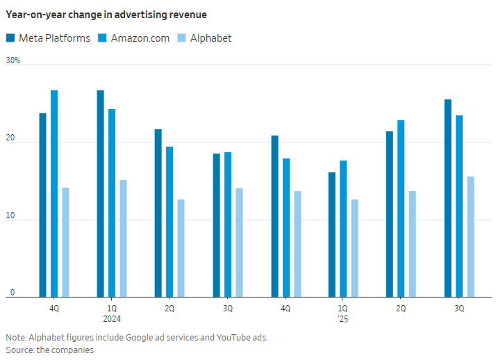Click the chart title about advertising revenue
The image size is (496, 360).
pyautogui.click(x=106, y=14)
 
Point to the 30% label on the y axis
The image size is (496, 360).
pyautogui.click(x=13, y=61)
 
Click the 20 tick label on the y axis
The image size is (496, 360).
pyautogui.click(x=10, y=139)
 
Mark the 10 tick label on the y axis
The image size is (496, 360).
pyautogui.click(x=10, y=217)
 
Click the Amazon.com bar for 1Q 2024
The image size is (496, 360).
pyautogui.click(x=112, y=203)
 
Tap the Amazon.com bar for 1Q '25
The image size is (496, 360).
pyautogui.click(x=343, y=229)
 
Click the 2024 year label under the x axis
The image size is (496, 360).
pyautogui.click(x=112, y=318)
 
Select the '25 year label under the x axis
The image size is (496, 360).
pyautogui.click(x=342, y=318)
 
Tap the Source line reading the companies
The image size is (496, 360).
pyautogui.click(x=50, y=350)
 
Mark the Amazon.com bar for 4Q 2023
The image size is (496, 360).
pyautogui.click(x=54, y=194)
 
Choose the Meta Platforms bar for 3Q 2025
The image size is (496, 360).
pyautogui.click(x=447, y=198)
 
